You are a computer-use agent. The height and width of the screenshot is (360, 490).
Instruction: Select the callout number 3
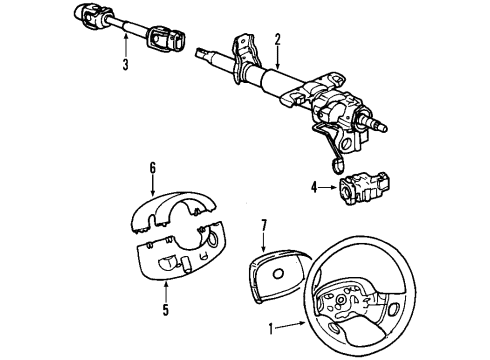(124, 66)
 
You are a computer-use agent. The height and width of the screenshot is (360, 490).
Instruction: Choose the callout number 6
(153, 169)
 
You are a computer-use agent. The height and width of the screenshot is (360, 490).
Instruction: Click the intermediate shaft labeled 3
(125, 28)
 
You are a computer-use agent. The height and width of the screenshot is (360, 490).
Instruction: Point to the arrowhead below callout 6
(153, 191)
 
